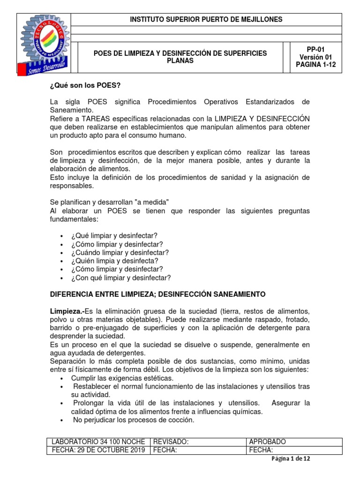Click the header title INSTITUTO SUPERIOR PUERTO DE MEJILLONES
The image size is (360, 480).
[206, 19]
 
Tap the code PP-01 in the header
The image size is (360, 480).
[315, 49]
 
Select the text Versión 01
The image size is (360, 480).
[315, 57]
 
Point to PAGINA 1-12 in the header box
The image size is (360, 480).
[315, 65]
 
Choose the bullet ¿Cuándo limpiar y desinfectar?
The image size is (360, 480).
[120, 252]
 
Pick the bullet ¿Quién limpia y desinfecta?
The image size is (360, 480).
[115, 261]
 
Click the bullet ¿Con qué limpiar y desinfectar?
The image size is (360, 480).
[121, 277]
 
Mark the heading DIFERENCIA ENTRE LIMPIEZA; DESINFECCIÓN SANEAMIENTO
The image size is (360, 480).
[157, 294]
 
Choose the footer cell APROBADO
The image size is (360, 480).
[268, 442]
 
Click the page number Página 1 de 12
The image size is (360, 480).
[291, 459]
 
